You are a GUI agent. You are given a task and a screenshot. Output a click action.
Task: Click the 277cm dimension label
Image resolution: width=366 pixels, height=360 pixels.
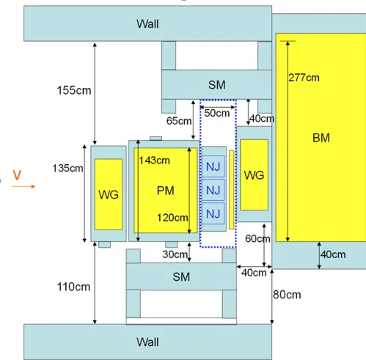coord(304,78)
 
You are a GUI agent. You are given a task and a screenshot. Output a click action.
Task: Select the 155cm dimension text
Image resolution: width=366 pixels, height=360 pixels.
coord(74,90)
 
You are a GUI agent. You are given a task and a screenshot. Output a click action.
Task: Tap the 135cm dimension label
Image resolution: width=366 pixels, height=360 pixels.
coord(67,168)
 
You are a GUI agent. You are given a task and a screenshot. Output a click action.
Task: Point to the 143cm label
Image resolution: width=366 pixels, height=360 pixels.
coord(154,161)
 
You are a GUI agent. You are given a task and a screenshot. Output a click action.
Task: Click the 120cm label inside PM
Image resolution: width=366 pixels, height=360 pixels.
coord(172,218)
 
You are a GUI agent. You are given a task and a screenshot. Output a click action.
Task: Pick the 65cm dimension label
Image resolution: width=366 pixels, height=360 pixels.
coord(179,121)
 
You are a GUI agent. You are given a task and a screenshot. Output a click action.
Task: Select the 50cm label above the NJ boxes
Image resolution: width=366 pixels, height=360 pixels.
coord(217,113)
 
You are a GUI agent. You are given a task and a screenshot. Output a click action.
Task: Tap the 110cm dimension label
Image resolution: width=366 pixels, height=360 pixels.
coord(73,287)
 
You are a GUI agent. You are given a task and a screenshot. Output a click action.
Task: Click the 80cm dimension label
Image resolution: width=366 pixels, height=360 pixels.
coord(287,295)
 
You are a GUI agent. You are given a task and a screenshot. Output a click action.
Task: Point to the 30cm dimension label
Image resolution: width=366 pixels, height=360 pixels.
coord(175,254)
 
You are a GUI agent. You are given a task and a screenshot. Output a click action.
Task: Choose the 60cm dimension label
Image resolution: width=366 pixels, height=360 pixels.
coord(257,238)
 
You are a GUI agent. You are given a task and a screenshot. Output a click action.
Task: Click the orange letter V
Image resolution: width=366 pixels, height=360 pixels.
coord(17,175)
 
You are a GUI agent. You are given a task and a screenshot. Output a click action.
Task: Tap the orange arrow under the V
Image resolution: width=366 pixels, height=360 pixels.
coord(23,186)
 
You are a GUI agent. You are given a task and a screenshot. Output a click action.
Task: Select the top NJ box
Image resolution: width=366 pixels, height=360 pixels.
coord(213,166)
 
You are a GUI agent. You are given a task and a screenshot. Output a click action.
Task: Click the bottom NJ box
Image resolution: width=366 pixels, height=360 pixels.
coord(213,213)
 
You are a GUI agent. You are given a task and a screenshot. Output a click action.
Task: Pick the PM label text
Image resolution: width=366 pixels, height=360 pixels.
coord(166,191)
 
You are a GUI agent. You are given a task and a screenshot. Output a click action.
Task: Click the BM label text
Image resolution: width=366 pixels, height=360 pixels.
coord(321,138)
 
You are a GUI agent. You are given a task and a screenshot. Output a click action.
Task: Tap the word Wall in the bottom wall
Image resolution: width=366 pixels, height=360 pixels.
coord(147,342)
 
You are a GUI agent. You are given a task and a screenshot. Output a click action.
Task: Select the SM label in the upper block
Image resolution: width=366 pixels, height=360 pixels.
coord(217,85)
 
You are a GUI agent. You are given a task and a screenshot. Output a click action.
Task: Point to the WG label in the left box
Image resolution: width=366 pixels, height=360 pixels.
coord(109,194)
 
